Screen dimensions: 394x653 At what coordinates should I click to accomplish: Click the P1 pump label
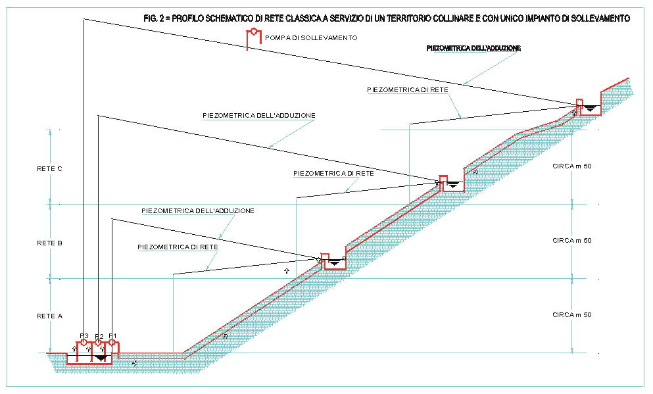(112, 335)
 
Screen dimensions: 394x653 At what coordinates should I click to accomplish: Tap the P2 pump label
(99, 335)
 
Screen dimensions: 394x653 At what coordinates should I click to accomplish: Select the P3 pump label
(84, 335)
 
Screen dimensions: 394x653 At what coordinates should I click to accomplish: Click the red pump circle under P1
(112, 343)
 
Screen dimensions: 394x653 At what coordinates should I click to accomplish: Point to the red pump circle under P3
(84, 343)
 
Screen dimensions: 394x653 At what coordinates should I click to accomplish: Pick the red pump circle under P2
(98, 343)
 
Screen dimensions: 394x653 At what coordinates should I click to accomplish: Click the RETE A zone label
(50, 316)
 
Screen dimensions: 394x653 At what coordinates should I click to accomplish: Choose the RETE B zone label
(50, 243)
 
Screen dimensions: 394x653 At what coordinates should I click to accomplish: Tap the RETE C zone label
(50, 168)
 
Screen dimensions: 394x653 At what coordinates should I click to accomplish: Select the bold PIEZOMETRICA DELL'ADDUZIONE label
(473, 49)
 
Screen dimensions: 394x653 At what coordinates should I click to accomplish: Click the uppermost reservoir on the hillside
(590, 107)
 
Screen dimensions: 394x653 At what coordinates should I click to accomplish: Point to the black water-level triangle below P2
(99, 357)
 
